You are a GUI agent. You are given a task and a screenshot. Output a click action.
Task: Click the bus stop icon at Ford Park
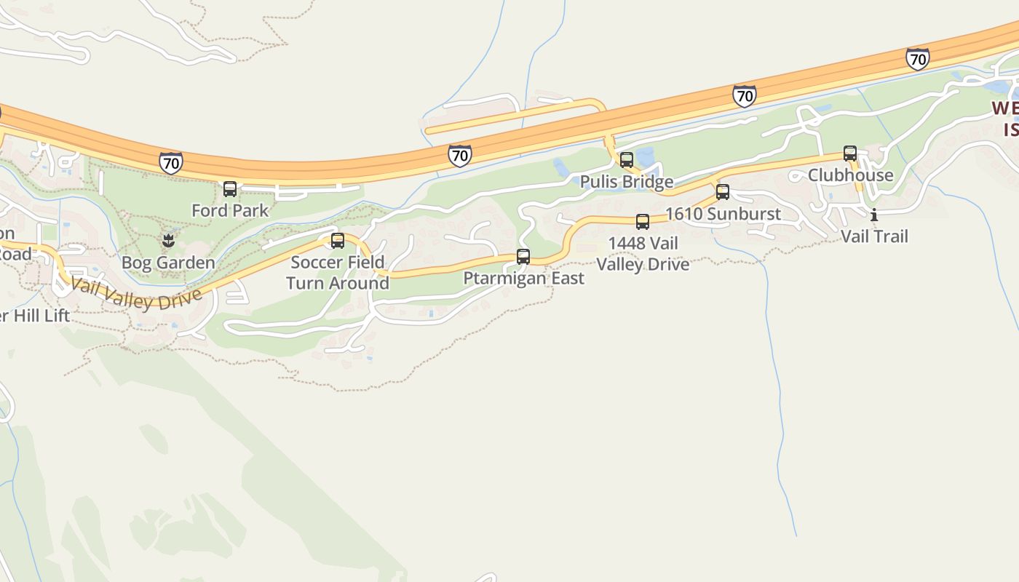(230, 189)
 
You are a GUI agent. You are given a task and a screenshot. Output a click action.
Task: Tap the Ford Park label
(230, 211)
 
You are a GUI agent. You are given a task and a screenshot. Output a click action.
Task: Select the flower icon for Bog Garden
(168, 241)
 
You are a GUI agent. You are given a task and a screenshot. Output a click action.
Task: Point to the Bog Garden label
(168, 263)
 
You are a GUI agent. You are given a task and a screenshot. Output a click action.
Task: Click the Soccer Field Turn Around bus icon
(338, 241)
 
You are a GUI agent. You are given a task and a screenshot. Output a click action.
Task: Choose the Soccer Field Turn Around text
(338, 273)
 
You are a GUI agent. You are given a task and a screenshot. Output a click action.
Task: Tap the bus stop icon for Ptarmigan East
(523, 256)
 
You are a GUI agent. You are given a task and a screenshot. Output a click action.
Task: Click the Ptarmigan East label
(523, 279)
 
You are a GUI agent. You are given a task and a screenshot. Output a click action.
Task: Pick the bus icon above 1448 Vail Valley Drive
(643, 222)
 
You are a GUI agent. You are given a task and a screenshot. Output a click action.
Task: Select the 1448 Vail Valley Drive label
(643, 254)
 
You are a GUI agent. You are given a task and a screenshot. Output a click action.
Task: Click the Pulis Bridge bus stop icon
(627, 160)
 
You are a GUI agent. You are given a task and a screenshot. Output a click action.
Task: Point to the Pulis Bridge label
(627, 181)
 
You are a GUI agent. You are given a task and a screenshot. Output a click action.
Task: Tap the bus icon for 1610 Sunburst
(723, 192)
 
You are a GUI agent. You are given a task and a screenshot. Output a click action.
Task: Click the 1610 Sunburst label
(723, 214)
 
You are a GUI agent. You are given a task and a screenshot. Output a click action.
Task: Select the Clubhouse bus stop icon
(850, 154)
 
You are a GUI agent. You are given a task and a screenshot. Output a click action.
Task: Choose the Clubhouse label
(850, 175)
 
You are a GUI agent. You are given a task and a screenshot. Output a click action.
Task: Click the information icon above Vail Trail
(874, 215)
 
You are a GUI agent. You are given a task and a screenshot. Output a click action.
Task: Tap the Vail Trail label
(874, 236)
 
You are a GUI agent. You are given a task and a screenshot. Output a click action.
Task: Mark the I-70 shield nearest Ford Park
(171, 163)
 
